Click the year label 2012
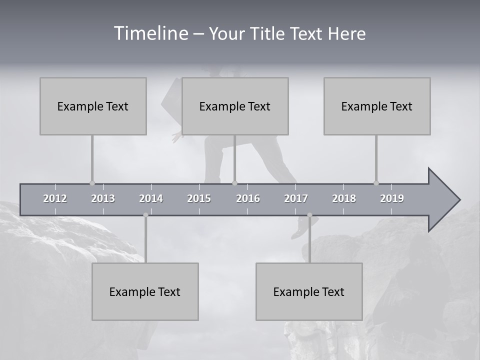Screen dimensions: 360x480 tap(55, 198)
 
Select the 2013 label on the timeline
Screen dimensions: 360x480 tap(103, 198)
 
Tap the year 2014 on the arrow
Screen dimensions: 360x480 tap(151, 198)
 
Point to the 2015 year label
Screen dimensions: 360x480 tap(199, 198)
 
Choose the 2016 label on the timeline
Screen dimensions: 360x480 tap(248, 198)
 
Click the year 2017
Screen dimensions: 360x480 tap(296, 198)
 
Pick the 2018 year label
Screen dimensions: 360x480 tap(344, 198)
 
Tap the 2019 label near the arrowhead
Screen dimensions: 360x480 tap(392, 198)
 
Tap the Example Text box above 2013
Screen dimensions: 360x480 tap(93, 106)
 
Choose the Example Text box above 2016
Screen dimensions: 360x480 tap(235, 106)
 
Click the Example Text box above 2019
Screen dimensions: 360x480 tap(377, 106)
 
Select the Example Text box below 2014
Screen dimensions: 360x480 tap(145, 291)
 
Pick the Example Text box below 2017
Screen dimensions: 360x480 tap(309, 291)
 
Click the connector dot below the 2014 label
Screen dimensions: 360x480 tap(145, 215)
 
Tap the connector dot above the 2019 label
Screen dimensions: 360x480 tap(376, 183)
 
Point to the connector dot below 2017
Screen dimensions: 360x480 tap(309, 215)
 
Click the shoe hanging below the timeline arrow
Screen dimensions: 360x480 tap(302, 227)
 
